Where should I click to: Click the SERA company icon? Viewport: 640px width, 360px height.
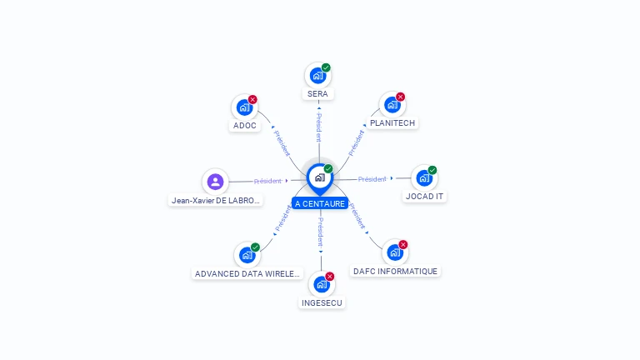coord(317,76)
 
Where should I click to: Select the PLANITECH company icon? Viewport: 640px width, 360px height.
coord(392,106)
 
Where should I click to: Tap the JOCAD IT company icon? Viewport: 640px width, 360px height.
coord(424,178)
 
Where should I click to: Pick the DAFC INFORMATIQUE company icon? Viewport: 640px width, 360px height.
coord(394,252)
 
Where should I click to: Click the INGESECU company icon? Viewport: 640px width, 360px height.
coord(322,284)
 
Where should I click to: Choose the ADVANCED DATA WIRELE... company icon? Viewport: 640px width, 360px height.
coord(247,255)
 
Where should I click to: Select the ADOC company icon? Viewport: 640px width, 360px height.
coord(244,107)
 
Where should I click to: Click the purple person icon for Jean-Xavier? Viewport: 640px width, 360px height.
coord(215,181)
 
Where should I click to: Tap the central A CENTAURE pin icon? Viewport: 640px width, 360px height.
coord(319,177)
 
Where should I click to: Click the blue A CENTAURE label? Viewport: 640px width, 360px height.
coord(319,203)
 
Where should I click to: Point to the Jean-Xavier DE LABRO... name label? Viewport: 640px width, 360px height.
coord(216,200)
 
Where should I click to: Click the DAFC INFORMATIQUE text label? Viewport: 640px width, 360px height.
coord(395,271)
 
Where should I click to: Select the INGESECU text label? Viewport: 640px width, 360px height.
coord(322,302)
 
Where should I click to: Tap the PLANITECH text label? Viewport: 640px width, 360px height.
coord(392,122)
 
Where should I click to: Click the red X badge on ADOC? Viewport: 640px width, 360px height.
coord(252,99)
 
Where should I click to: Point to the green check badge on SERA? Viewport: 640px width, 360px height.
coord(326,67)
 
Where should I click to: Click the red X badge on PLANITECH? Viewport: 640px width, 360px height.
coord(400,97)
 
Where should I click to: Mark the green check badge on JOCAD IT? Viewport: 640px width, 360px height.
coord(432,170)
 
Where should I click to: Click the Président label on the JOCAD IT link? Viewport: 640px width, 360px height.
coord(372,179)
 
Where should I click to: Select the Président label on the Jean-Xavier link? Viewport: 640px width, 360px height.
coord(268,181)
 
